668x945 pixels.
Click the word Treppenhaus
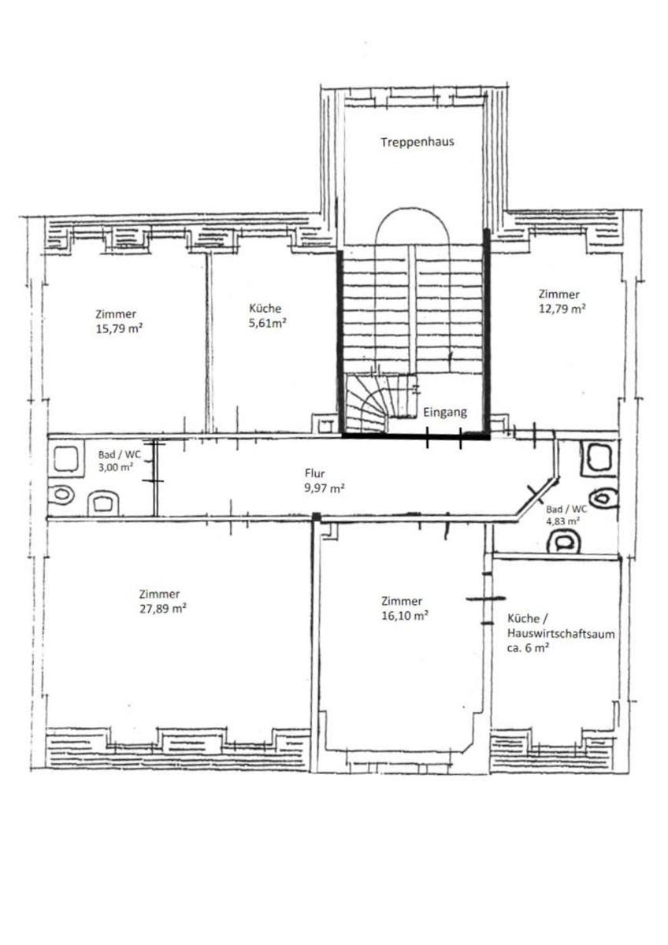[417, 142]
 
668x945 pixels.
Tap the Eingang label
[445, 412]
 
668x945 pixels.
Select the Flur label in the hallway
[314, 473]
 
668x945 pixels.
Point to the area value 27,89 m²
[163, 609]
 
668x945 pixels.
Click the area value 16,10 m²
[405, 616]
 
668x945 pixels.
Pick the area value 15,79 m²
[119, 328]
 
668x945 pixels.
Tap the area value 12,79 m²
[562, 309]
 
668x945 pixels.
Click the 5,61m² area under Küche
[268, 323]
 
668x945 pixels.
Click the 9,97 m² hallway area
[324, 488]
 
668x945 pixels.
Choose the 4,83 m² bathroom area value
[562, 521]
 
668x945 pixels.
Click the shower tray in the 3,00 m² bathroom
[67, 459]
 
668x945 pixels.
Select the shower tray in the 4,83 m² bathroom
[596, 457]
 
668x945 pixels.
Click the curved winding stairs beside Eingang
[366, 404]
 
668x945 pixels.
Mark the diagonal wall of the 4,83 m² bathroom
[538, 498]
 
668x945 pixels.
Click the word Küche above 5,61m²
[265, 309]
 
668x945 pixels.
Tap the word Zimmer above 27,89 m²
[159, 594]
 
